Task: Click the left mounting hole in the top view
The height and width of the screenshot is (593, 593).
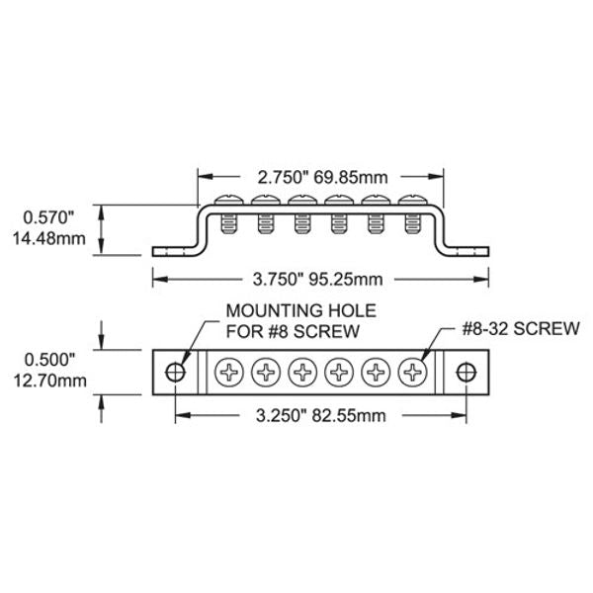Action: coord(176,373)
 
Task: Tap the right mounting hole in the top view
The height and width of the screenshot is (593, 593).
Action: coord(466,373)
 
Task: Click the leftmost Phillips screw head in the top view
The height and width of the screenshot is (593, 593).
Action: coord(229,373)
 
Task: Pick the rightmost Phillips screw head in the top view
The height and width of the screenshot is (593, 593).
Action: coord(412,373)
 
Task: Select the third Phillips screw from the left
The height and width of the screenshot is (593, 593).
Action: coord(302,373)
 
